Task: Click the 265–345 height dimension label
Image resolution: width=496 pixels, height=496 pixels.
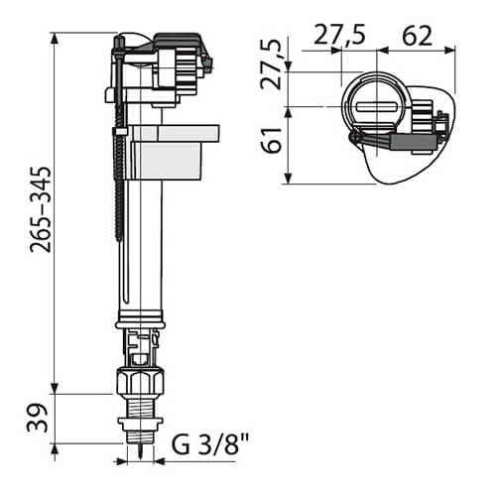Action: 41,210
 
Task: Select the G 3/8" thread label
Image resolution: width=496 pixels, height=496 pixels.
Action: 210,443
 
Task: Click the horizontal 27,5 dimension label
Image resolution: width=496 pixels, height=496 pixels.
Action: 339,36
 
